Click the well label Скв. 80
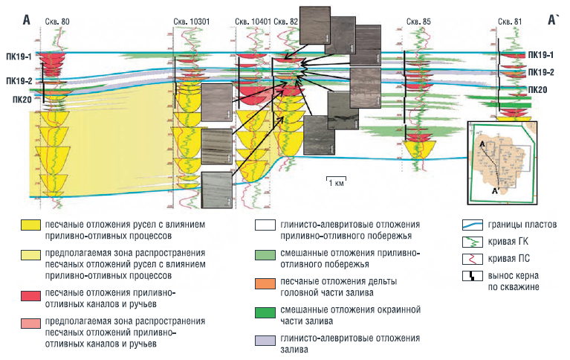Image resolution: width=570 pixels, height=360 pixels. click(57, 22)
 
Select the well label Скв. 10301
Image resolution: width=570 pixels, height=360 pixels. click(194, 22)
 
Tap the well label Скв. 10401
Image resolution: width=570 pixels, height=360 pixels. click(251, 22)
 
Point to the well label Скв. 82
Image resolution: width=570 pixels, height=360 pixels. click(286, 22)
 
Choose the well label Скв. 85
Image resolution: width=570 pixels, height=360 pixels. click(419, 22)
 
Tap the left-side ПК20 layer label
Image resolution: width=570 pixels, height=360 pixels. click(22, 99)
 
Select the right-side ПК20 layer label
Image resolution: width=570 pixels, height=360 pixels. click(538, 90)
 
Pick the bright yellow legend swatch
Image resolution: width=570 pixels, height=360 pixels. click(30, 224)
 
